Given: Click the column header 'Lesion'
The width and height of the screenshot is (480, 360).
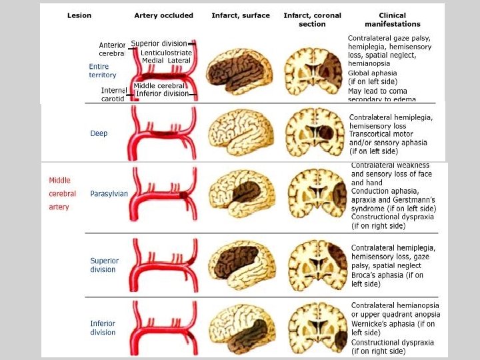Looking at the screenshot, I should pyautogui.click(x=79, y=15).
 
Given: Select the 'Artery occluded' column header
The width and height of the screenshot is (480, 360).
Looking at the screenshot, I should pyautogui.click(x=163, y=15).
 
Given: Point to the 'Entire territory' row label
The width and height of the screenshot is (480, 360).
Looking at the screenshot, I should pyautogui.click(x=103, y=71).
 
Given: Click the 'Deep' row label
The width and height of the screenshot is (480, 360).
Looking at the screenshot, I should pyautogui.click(x=99, y=133).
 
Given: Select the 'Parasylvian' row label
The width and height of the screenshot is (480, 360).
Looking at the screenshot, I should pyautogui.click(x=109, y=194).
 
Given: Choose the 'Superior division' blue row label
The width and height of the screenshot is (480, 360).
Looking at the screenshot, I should pyautogui.click(x=104, y=265).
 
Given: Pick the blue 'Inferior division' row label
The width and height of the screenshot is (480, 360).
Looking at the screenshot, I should pyautogui.click(x=103, y=328).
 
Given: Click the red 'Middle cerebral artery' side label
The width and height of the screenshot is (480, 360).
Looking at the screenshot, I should pyautogui.click(x=63, y=193).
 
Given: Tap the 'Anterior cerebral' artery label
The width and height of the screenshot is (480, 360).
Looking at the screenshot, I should pyautogui.click(x=111, y=49).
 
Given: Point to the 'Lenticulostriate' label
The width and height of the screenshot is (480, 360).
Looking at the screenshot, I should pyautogui.click(x=165, y=53).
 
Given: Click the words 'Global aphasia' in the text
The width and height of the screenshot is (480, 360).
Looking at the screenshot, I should pyautogui.click(x=372, y=73).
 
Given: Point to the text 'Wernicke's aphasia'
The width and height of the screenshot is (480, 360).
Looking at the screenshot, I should pyautogui.click(x=383, y=324).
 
